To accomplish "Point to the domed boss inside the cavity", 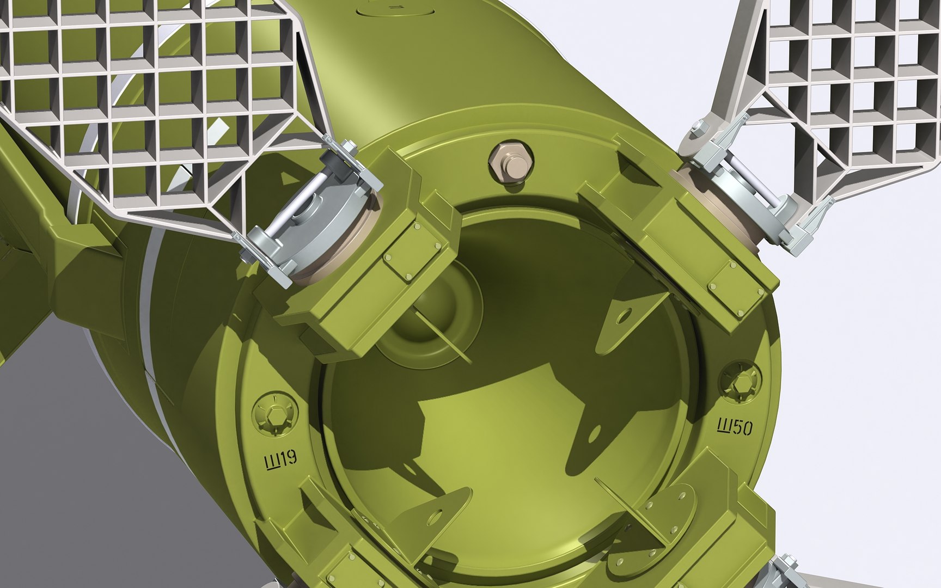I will coord(430,316).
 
